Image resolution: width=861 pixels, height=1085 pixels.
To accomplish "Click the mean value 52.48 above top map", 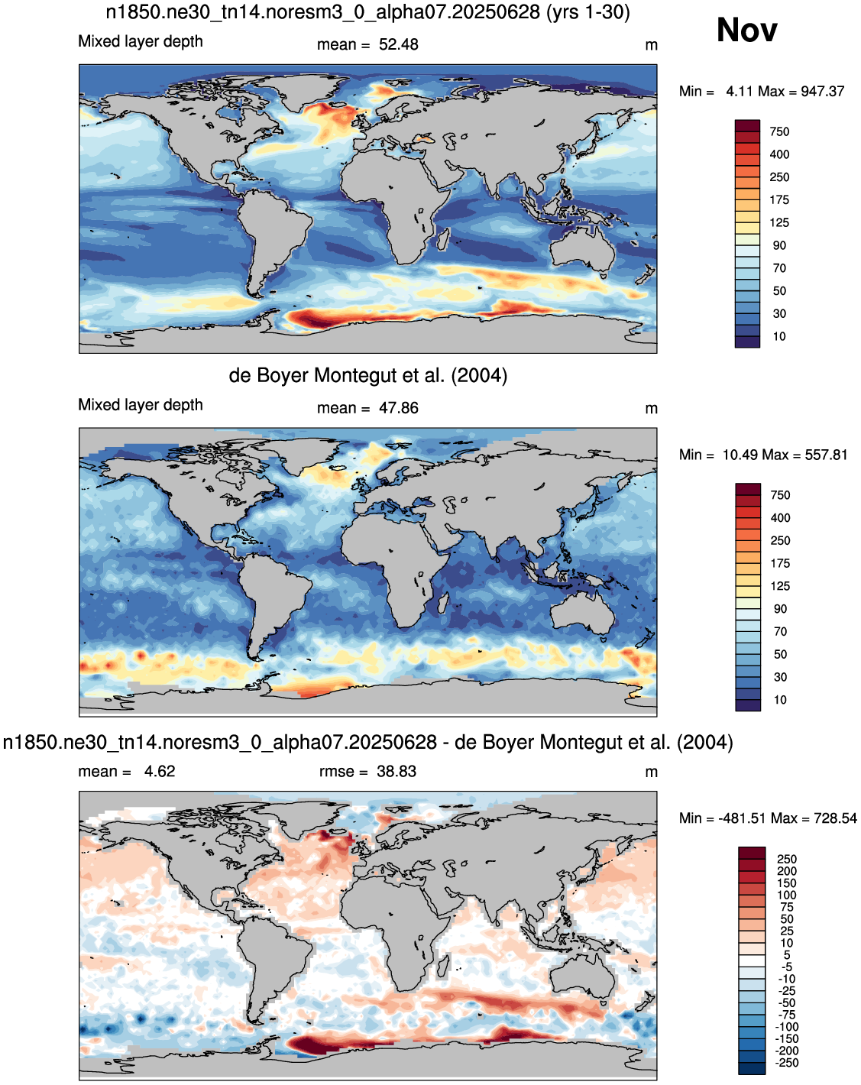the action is [x=398, y=44].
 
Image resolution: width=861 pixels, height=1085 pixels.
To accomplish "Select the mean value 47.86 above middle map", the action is [x=398, y=408].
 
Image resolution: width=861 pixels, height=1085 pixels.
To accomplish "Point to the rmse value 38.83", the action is [x=397, y=772].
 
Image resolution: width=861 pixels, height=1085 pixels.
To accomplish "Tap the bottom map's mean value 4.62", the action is [x=160, y=772].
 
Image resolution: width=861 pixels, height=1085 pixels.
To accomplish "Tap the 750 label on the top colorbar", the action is [x=779, y=132].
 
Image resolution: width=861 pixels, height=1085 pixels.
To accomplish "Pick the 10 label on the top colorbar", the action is [x=779, y=337].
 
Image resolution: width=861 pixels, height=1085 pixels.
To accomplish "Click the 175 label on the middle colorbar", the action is [x=780, y=563].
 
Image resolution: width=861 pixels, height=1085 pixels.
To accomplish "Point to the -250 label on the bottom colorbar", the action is [x=787, y=1063].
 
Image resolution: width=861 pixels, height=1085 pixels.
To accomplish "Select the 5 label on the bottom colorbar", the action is [x=787, y=955].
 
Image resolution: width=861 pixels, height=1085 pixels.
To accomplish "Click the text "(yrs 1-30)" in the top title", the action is [x=588, y=11].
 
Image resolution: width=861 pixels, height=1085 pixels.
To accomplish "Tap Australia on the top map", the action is [x=583, y=250].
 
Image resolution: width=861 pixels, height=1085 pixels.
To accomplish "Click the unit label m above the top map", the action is [x=652, y=45].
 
